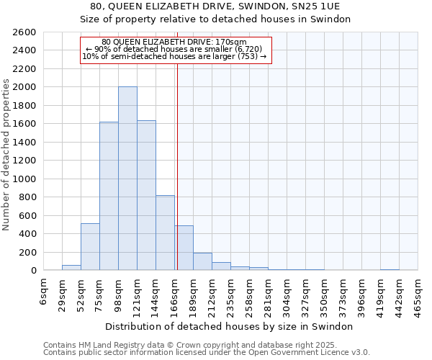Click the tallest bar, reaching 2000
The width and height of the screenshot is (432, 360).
127,179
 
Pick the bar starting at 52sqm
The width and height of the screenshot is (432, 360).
90,247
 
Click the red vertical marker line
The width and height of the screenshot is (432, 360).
177,144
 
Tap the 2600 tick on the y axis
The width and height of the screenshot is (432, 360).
25,32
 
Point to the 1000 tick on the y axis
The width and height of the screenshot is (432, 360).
25,179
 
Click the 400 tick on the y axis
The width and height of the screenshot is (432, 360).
28,234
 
